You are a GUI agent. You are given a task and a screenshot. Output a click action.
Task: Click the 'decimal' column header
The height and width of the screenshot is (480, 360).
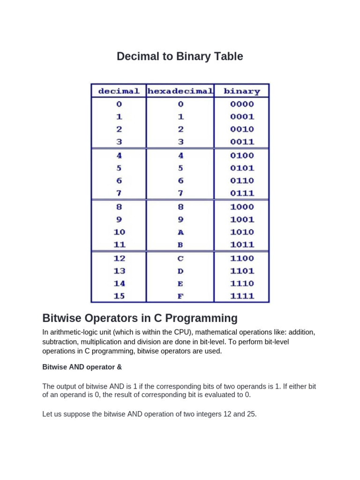[118, 91]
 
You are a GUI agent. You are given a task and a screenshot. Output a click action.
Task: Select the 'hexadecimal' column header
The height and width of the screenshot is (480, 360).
[180, 91]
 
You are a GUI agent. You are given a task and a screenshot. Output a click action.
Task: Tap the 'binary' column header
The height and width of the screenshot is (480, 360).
[242, 91]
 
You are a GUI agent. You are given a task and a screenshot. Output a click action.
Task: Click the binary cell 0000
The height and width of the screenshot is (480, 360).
[242, 104]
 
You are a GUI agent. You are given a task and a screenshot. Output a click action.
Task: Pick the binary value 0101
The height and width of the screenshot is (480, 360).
[242, 168]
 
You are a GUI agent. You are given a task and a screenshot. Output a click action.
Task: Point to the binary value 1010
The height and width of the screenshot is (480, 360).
[242, 232]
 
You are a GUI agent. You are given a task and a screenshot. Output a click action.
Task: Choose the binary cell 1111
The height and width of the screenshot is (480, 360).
[242, 296]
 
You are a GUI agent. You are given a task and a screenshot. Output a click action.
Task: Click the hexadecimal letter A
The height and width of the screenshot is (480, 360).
[180, 232]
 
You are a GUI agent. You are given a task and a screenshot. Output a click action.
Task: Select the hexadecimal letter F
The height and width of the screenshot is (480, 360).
[180, 296]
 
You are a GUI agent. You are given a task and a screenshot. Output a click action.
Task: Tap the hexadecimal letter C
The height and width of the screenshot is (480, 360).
[180, 258]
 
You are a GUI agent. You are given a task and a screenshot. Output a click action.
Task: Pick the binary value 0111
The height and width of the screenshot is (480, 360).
[242, 193]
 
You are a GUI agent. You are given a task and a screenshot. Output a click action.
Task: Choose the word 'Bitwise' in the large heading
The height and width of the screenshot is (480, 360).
[63, 319]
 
